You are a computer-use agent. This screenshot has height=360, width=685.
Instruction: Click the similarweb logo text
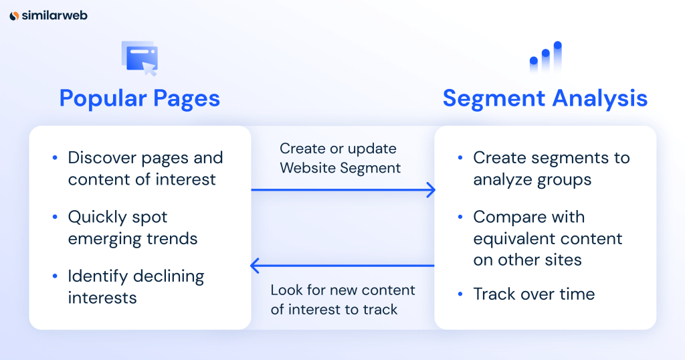point(55,15)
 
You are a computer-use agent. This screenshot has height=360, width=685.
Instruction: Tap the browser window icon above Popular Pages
point(140,58)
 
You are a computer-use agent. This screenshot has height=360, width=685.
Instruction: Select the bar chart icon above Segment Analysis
point(546,57)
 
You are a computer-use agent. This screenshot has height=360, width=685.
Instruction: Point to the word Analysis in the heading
point(600,99)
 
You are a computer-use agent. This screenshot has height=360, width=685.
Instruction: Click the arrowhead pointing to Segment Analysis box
point(431,190)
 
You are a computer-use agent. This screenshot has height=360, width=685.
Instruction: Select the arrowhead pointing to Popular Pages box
point(255,266)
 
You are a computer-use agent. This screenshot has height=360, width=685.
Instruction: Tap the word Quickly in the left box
point(96,217)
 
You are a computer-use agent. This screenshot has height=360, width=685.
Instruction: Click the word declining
point(169,276)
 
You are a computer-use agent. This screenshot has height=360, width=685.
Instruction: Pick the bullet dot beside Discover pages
point(55,158)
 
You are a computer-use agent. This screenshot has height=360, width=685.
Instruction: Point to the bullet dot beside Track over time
point(460,294)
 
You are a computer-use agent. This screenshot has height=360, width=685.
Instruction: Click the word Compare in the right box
point(507,217)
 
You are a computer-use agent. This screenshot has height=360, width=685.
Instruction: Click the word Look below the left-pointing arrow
point(286,290)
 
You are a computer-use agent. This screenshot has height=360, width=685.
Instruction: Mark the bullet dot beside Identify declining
point(55,276)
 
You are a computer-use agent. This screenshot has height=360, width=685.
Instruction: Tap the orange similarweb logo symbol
point(14,16)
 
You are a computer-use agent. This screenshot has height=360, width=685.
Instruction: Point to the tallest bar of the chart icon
point(557,57)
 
